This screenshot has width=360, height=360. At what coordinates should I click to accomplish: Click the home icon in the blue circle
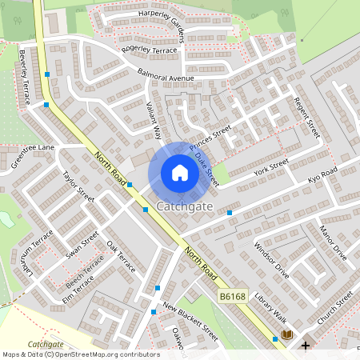[180, 173]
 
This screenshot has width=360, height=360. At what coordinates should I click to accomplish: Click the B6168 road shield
[232, 297]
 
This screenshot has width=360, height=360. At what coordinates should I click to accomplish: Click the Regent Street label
[307, 118]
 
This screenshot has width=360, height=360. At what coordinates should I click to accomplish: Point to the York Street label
[270, 168]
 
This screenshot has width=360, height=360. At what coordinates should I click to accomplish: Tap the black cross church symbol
[306, 346]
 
